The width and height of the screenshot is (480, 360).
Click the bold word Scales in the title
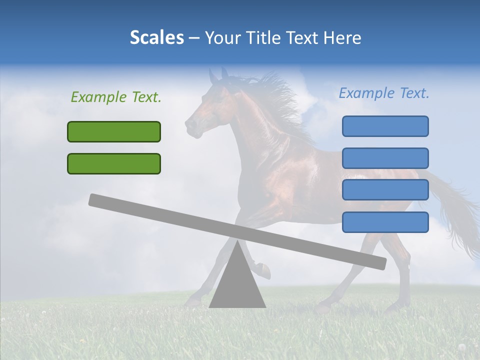156,38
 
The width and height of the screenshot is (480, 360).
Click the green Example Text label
116,97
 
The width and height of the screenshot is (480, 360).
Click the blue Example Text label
384,93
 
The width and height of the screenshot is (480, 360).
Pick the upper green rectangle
114,131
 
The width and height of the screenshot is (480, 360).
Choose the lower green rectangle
114,163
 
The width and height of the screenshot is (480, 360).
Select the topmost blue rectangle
385,126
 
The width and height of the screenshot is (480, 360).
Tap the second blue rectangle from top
385,158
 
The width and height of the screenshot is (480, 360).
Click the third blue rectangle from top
385,190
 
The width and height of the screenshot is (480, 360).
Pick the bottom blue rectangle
385,222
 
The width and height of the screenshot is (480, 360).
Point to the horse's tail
457,215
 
